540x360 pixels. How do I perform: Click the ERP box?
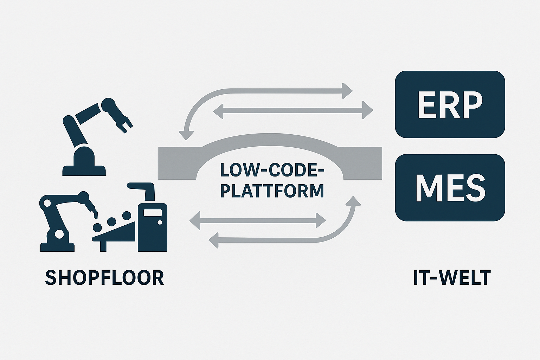[x=450, y=104]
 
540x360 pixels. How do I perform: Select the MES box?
[x=450, y=187]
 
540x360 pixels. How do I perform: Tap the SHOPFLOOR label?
[x=104, y=278]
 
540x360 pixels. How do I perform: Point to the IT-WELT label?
[x=452, y=278]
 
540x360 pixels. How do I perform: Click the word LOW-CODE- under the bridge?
[x=272, y=171]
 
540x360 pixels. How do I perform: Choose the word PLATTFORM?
[x=272, y=191]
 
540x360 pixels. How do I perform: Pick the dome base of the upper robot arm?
[x=84, y=155]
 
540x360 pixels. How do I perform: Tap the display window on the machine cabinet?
[x=153, y=213]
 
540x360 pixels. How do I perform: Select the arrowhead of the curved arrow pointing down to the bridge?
[x=186, y=135]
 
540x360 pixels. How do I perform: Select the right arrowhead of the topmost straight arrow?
[x=347, y=91]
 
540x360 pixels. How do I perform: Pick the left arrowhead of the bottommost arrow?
[x=214, y=240]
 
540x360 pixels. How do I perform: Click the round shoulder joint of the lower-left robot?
[x=47, y=203]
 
